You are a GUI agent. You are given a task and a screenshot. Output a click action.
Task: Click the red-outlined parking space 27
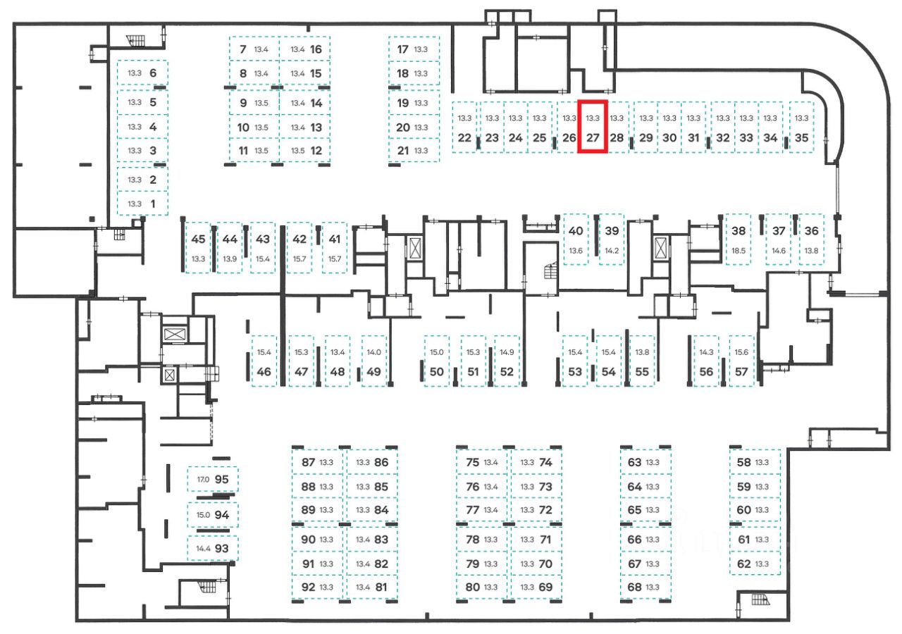pyautogui.click(x=593, y=128)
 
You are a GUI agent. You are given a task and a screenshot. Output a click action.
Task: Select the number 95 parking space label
pyautogui.click(x=221, y=479)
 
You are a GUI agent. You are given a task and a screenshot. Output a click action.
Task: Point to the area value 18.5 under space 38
pyautogui.click(x=739, y=250)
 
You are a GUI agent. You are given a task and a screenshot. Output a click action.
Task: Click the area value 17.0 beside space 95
pyautogui.click(x=203, y=479)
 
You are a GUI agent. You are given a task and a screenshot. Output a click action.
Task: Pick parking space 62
pyautogui.click(x=755, y=564)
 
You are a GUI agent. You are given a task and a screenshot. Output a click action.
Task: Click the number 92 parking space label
pyautogui.click(x=308, y=587)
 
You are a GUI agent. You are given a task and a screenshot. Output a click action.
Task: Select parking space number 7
pyautogui.click(x=254, y=49)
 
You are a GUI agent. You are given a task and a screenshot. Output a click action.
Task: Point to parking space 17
pyautogui.click(x=413, y=49)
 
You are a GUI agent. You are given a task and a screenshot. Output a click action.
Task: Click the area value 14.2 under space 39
pyautogui.click(x=612, y=250)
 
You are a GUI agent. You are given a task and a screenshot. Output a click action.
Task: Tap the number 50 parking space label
pyautogui.click(x=437, y=372)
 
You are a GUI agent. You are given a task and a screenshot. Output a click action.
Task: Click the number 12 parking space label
pyautogui.click(x=316, y=150)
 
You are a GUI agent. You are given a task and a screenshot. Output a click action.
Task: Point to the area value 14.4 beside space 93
pyautogui.click(x=203, y=548)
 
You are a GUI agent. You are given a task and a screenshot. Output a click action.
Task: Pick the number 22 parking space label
pyautogui.click(x=464, y=138)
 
